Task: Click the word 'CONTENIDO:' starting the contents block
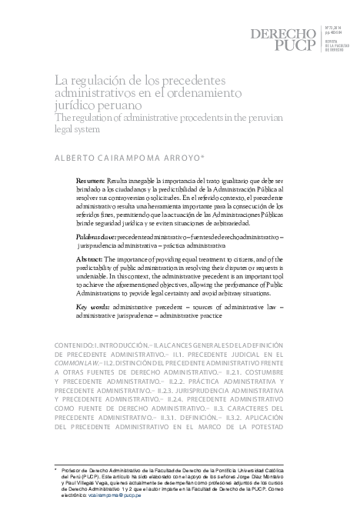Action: pyautogui.click(x=75, y=339)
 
